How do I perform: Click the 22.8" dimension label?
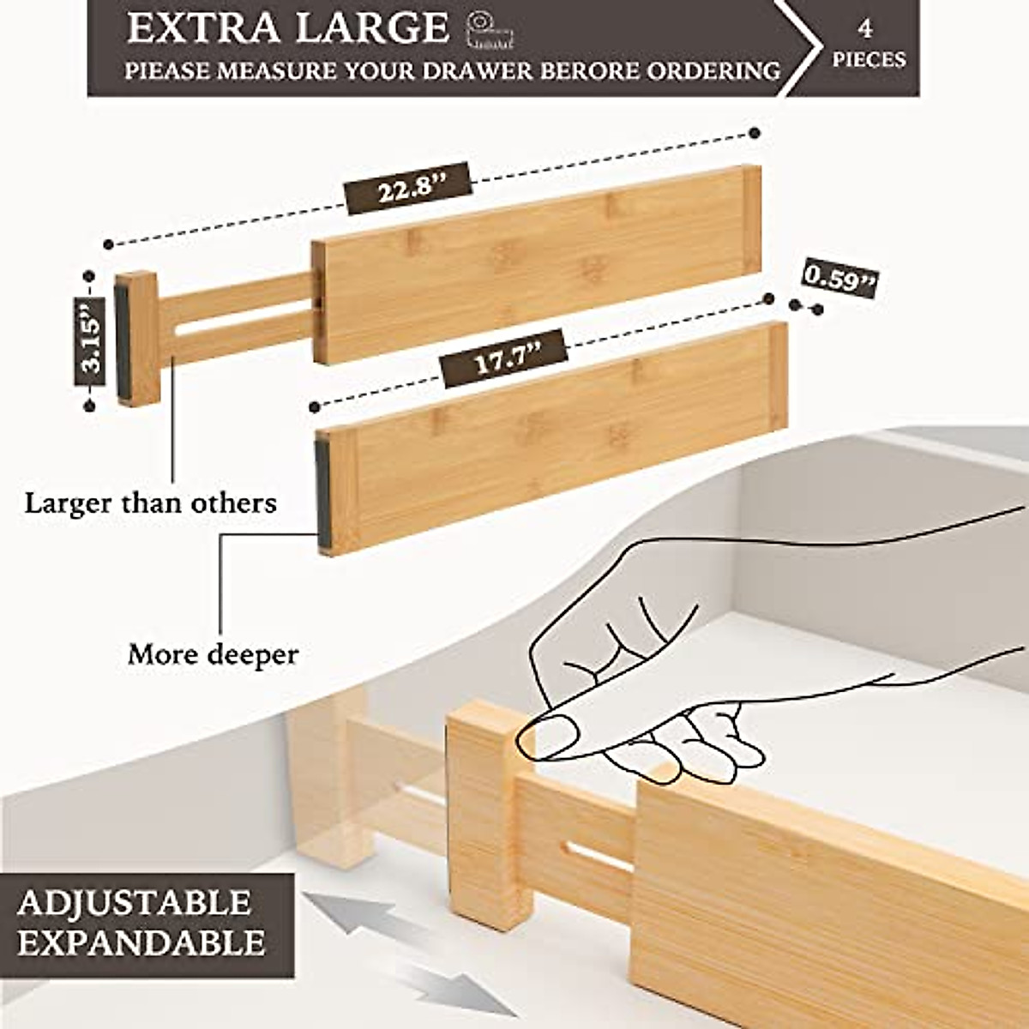pyautogui.click(x=409, y=187)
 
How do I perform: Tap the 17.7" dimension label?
pyautogui.click(x=504, y=358)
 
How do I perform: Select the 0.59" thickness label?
pyautogui.click(x=840, y=279)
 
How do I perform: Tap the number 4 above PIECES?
pyautogui.click(x=865, y=28)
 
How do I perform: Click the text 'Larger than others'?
pyautogui.click(x=151, y=502)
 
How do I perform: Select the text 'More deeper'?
pyautogui.click(x=213, y=655)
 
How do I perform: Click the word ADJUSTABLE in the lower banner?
pyautogui.click(x=135, y=903)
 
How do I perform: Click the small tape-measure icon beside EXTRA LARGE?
pyautogui.click(x=490, y=30)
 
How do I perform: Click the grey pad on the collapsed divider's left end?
pyautogui.click(x=322, y=490)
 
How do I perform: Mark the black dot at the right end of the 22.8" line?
pyautogui.click(x=755, y=133)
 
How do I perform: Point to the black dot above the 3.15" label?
pyautogui.click(x=88, y=276)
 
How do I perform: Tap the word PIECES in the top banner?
pyautogui.click(x=869, y=59)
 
